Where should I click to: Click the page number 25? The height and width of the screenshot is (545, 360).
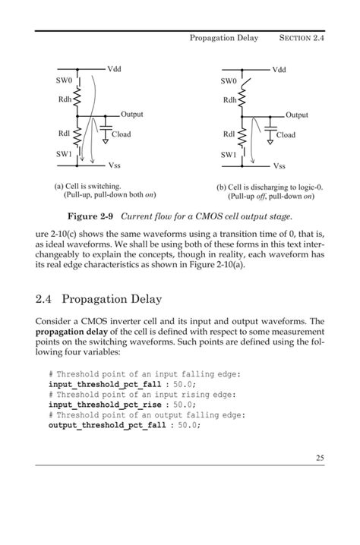[x=318, y=478]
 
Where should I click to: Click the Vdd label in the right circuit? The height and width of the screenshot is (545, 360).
[x=279, y=69]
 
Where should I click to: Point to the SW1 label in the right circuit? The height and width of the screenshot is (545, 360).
[x=229, y=155]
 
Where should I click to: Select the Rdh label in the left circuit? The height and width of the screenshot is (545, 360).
[x=65, y=99]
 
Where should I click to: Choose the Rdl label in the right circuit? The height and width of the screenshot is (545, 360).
[x=229, y=134]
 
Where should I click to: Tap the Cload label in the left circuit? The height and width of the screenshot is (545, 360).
[x=122, y=134]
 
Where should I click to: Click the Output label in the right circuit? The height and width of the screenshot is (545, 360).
[x=297, y=115]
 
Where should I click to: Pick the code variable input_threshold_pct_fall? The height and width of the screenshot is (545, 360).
[x=106, y=385]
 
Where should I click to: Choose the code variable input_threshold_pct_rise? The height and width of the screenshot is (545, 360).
[x=106, y=405]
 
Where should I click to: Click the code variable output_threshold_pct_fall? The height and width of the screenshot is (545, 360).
[x=109, y=426]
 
